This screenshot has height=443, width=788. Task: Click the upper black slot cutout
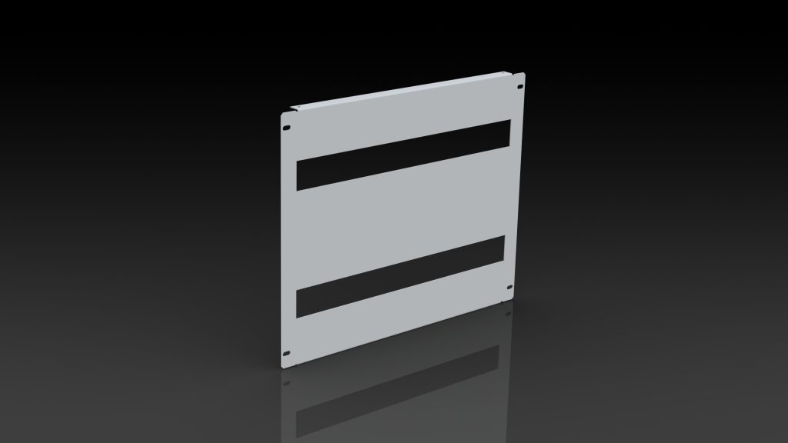403,155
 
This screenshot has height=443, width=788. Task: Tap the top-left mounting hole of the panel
288,128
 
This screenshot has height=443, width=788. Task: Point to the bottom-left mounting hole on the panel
287,354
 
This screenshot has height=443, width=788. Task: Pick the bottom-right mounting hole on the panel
509,288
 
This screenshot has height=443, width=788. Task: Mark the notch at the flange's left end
293,109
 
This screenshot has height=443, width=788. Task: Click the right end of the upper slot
506,133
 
